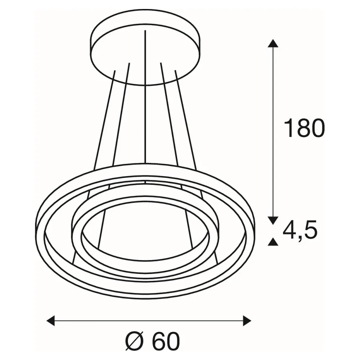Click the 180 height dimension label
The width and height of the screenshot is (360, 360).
[x=305, y=128]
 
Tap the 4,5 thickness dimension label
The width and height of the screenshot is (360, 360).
[x=300, y=230]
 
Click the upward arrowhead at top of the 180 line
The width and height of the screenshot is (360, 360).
[x=273, y=43]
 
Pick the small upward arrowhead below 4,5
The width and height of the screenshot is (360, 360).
[x=273, y=242]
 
